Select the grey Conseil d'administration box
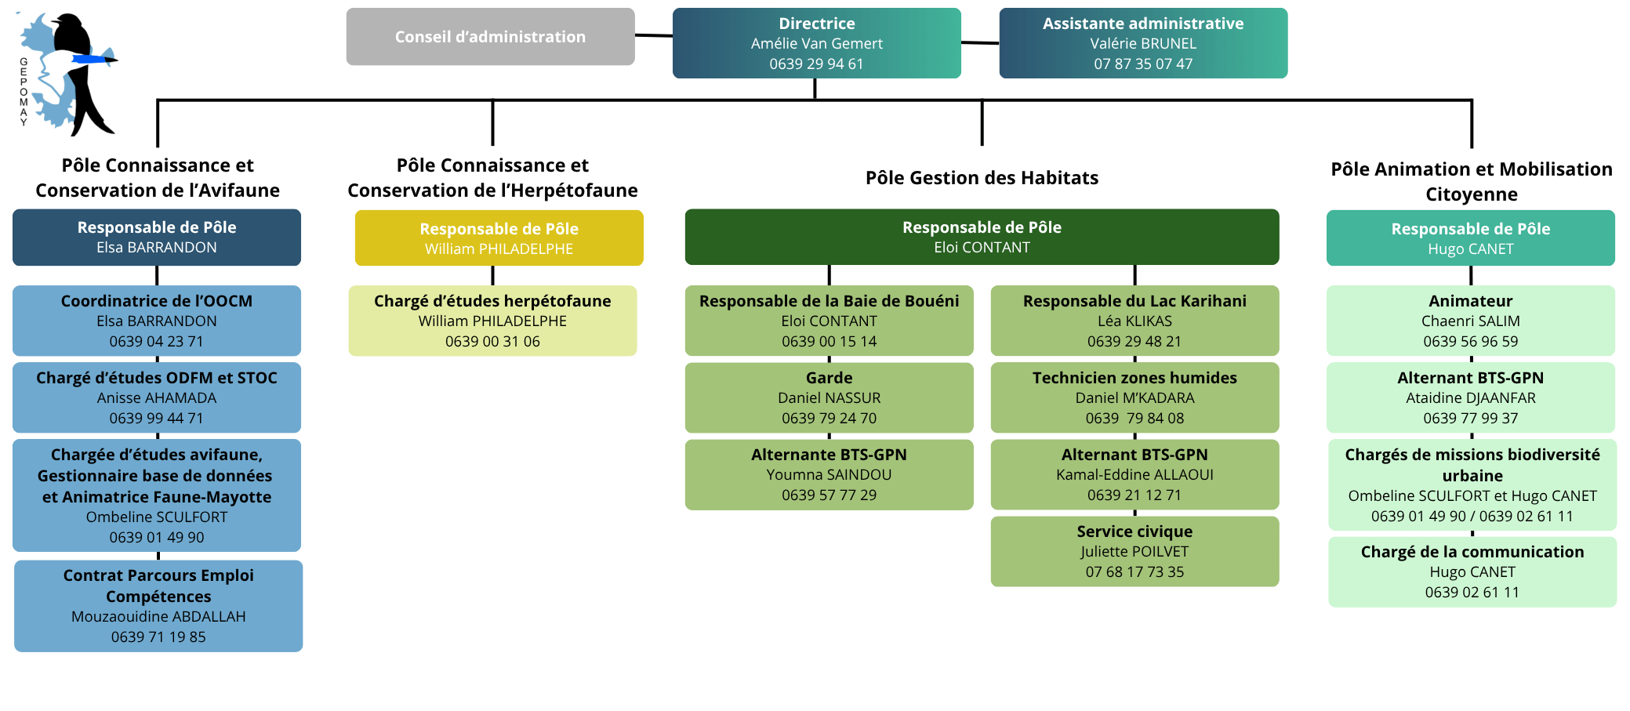(x=490, y=37)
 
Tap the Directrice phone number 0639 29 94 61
(x=816, y=64)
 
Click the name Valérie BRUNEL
(x=1143, y=44)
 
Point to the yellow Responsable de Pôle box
(x=499, y=238)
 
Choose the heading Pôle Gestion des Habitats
(x=982, y=178)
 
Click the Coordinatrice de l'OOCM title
(x=157, y=301)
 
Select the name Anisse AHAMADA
(x=157, y=398)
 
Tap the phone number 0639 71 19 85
(x=158, y=637)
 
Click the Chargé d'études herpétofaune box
(x=492, y=321)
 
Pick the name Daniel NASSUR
(x=829, y=398)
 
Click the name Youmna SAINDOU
(x=829, y=475)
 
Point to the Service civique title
(x=1134, y=531)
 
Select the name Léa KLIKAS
(x=1134, y=321)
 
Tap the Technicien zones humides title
(x=1134, y=378)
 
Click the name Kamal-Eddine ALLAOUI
(x=1134, y=475)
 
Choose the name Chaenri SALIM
(x=1470, y=321)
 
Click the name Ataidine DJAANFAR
(x=1470, y=398)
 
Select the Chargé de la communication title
(x=1472, y=552)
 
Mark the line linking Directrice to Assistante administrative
(x=980, y=43)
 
